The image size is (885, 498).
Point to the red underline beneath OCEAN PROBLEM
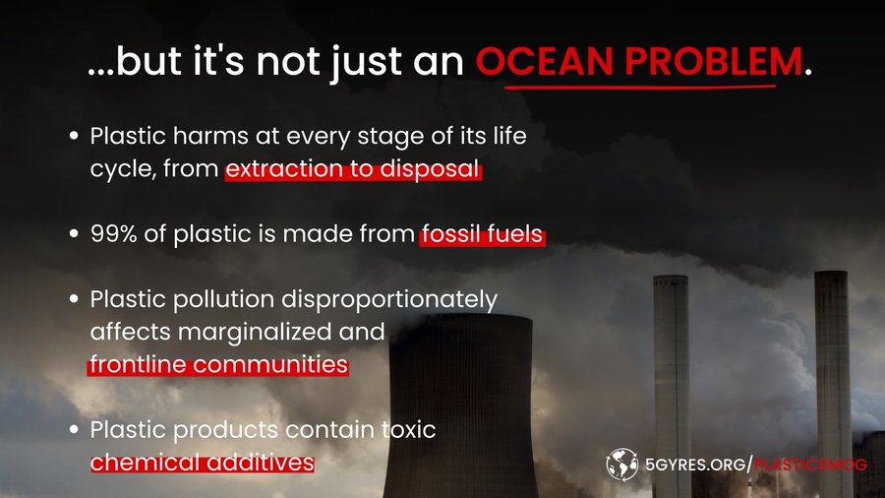pos(640,87)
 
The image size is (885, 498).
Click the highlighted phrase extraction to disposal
pos(353,169)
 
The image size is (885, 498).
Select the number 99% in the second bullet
pos(113,234)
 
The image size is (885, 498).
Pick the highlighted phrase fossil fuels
pos(483,234)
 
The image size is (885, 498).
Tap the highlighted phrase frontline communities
pos(218,365)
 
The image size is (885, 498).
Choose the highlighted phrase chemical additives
pos(203,463)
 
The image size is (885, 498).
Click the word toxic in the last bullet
pos(409,430)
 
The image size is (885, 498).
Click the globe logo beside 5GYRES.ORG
pos(622,465)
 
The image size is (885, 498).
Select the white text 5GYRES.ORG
pos(696,465)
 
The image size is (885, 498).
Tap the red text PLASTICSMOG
pos(810,465)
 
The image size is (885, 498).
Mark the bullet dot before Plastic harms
pos(74,136)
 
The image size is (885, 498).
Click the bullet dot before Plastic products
pos(74,430)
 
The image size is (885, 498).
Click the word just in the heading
pos(367,61)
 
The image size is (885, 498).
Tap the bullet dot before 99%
pos(74,234)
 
